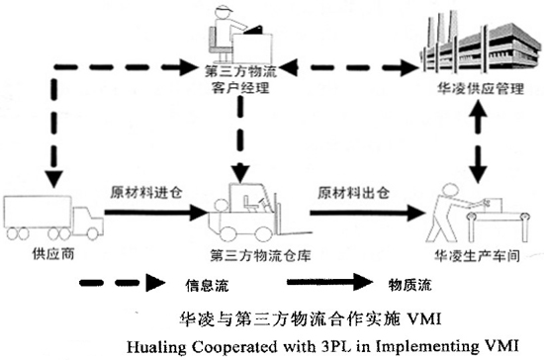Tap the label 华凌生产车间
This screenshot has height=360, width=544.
[466, 254]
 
